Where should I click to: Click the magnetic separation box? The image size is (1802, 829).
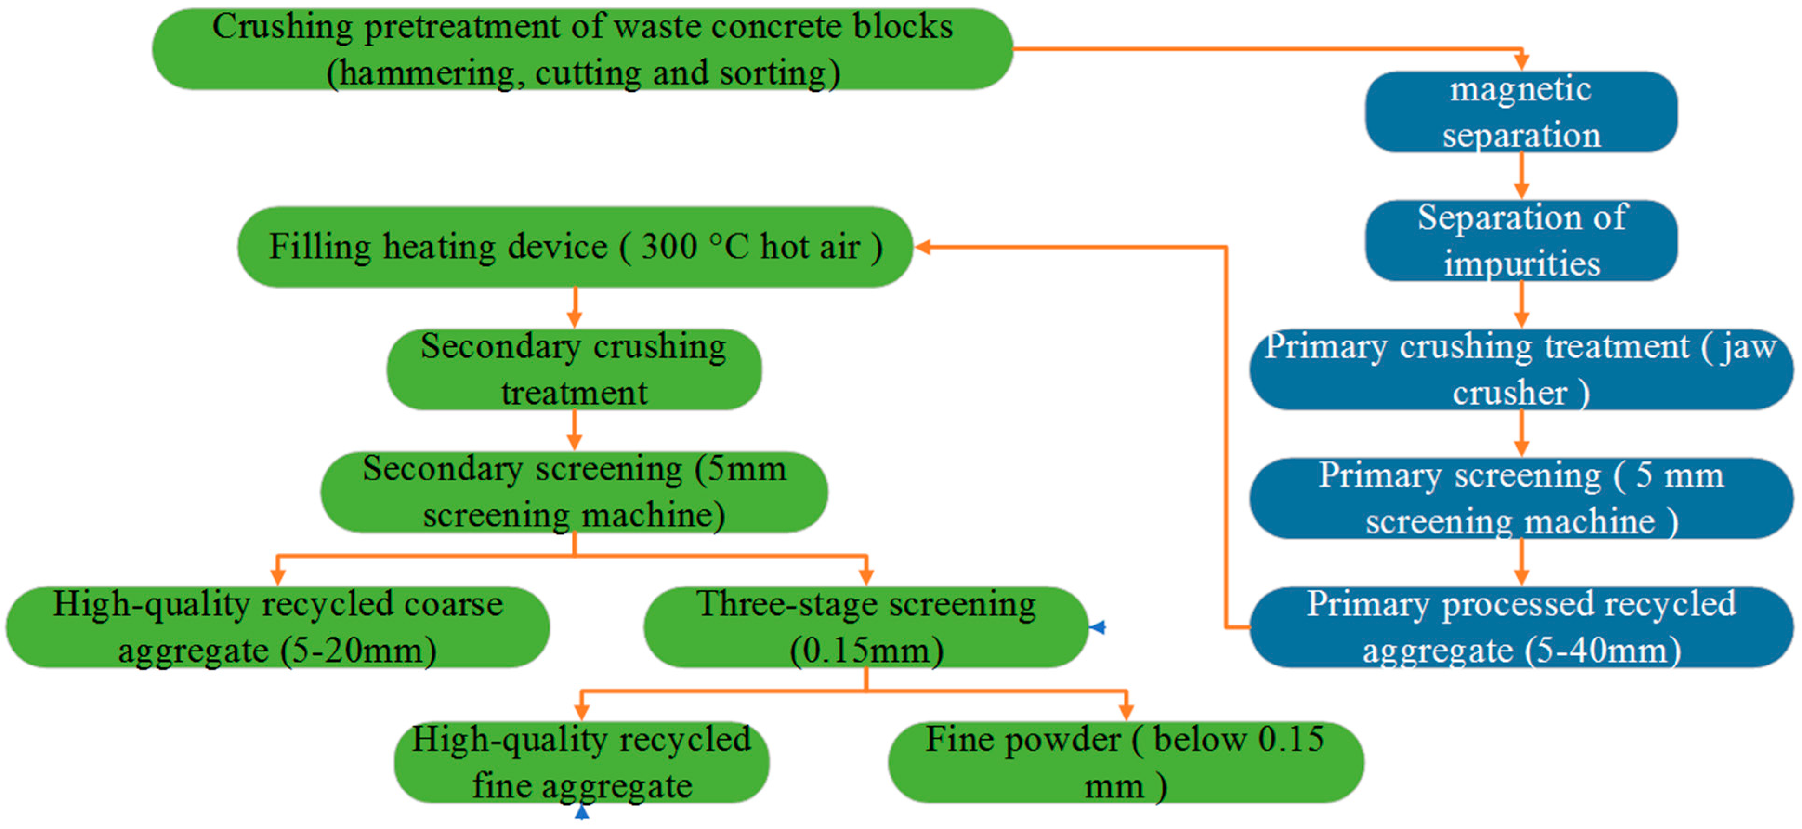coord(1521,112)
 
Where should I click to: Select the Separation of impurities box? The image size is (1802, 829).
coord(1521,241)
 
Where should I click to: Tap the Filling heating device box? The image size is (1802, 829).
coord(575,247)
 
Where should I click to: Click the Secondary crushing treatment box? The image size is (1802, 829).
coord(574,369)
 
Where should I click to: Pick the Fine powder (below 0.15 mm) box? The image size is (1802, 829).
coord(1125,763)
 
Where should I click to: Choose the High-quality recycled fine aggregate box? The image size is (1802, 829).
coord(581,763)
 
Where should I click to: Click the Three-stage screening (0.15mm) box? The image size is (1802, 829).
coord(865,627)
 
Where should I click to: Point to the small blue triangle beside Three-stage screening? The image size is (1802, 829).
coord(1098,627)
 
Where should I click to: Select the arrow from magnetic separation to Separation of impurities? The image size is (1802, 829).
coord(1521,176)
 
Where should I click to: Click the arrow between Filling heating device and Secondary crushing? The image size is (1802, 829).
coord(574,308)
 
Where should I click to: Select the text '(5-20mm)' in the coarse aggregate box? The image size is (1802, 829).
coord(359,651)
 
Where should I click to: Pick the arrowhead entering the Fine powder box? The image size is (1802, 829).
coord(1126,712)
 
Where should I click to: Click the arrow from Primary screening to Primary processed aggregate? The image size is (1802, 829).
coord(1521,562)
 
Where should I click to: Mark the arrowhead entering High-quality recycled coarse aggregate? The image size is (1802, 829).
coord(278,577)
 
